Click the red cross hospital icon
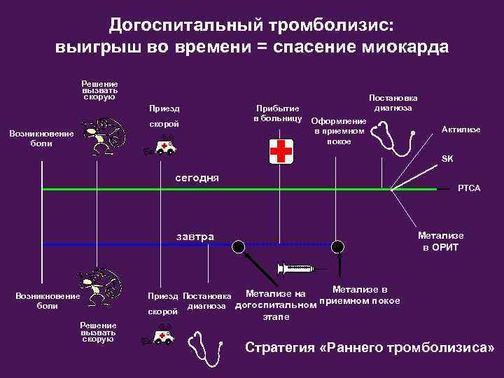click(x=281, y=150)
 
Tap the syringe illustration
click(x=297, y=268)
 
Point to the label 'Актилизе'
click(x=461, y=129)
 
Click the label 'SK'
click(x=447, y=159)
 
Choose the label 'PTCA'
click(x=468, y=188)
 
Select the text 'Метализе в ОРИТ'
click(x=440, y=241)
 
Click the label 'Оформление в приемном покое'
click(x=338, y=130)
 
